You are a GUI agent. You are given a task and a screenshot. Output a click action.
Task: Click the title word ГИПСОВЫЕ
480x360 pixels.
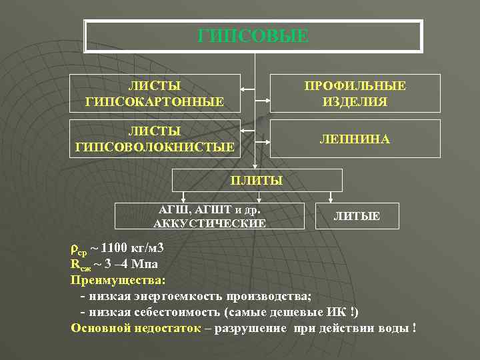[x=253, y=36]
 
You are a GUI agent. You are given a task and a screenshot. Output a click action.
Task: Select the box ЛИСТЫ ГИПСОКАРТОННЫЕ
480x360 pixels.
[x=155, y=93]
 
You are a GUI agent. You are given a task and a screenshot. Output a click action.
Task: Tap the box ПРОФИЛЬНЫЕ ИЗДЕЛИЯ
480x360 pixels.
[x=355, y=93]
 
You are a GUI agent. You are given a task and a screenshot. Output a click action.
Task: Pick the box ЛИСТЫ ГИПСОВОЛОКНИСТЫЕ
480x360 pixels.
[x=155, y=138]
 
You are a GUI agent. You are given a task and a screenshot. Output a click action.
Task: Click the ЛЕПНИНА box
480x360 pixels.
[x=355, y=139]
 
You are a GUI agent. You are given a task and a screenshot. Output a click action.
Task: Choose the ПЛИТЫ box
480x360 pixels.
[x=257, y=180]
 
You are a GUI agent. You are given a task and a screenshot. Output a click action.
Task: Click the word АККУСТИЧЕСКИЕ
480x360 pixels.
[x=209, y=223]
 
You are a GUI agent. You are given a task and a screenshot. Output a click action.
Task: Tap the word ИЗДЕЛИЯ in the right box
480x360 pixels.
[x=355, y=102]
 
